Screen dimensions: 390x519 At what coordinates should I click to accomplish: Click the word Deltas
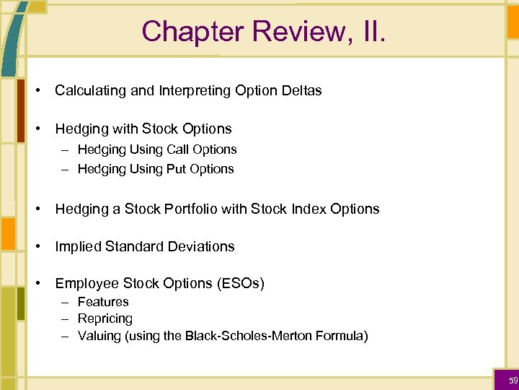coord(301,91)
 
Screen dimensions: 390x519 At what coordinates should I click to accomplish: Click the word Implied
coord(78,246)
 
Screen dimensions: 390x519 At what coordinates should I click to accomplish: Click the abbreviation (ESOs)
coord(240,284)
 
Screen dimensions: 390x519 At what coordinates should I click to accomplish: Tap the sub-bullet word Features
coord(103,302)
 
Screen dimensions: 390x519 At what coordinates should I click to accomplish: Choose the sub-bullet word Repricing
coord(105,318)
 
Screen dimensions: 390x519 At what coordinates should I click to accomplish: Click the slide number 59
coord(513,381)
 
